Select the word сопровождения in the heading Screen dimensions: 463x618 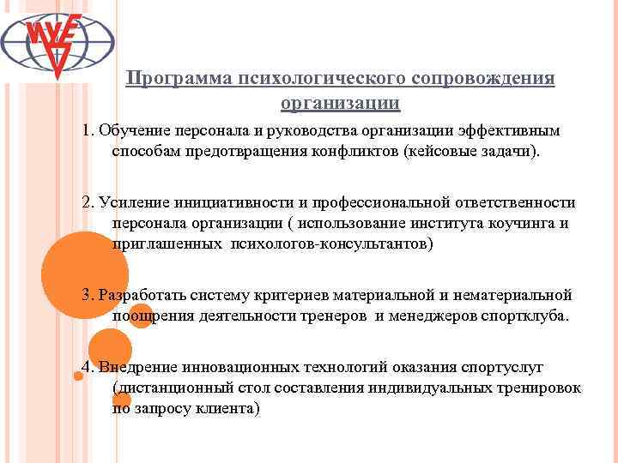[x=481, y=79]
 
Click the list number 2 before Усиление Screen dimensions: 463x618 [x=87, y=203]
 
